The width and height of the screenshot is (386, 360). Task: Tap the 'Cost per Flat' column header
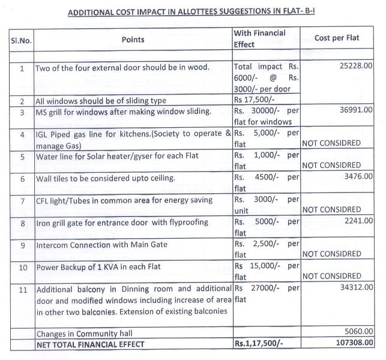(337, 38)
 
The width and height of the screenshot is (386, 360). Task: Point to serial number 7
(22, 200)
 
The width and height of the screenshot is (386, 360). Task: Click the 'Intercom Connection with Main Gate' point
(102, 244)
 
